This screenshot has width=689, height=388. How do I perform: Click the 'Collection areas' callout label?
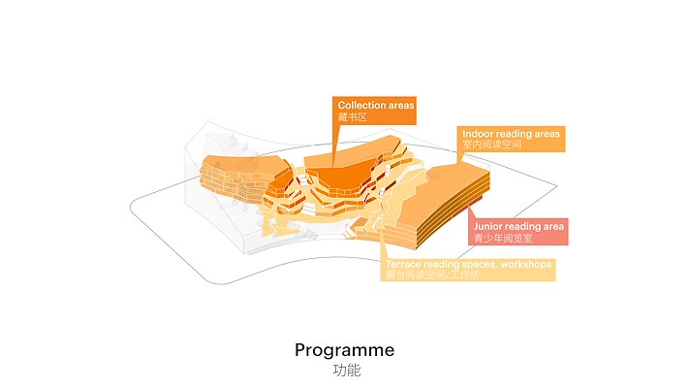pos(375,110)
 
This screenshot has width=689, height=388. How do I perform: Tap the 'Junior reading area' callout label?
pos(518,231)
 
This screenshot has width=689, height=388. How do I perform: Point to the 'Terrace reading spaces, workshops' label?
pos(469,269)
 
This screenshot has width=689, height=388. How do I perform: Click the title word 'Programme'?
pos(344,350)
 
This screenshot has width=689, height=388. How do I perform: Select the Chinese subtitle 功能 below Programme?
pos(345,371)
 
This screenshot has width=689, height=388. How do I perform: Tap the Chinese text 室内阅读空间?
pos(491,145)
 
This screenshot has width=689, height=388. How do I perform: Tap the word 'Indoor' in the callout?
pos(480,133)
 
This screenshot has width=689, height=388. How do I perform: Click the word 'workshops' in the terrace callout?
pos(522,264)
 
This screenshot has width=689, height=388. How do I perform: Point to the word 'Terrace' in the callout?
pos(403,264)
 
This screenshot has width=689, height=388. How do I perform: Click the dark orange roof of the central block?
pos(334,179)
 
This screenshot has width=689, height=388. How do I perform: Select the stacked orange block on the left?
pos(233,175)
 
